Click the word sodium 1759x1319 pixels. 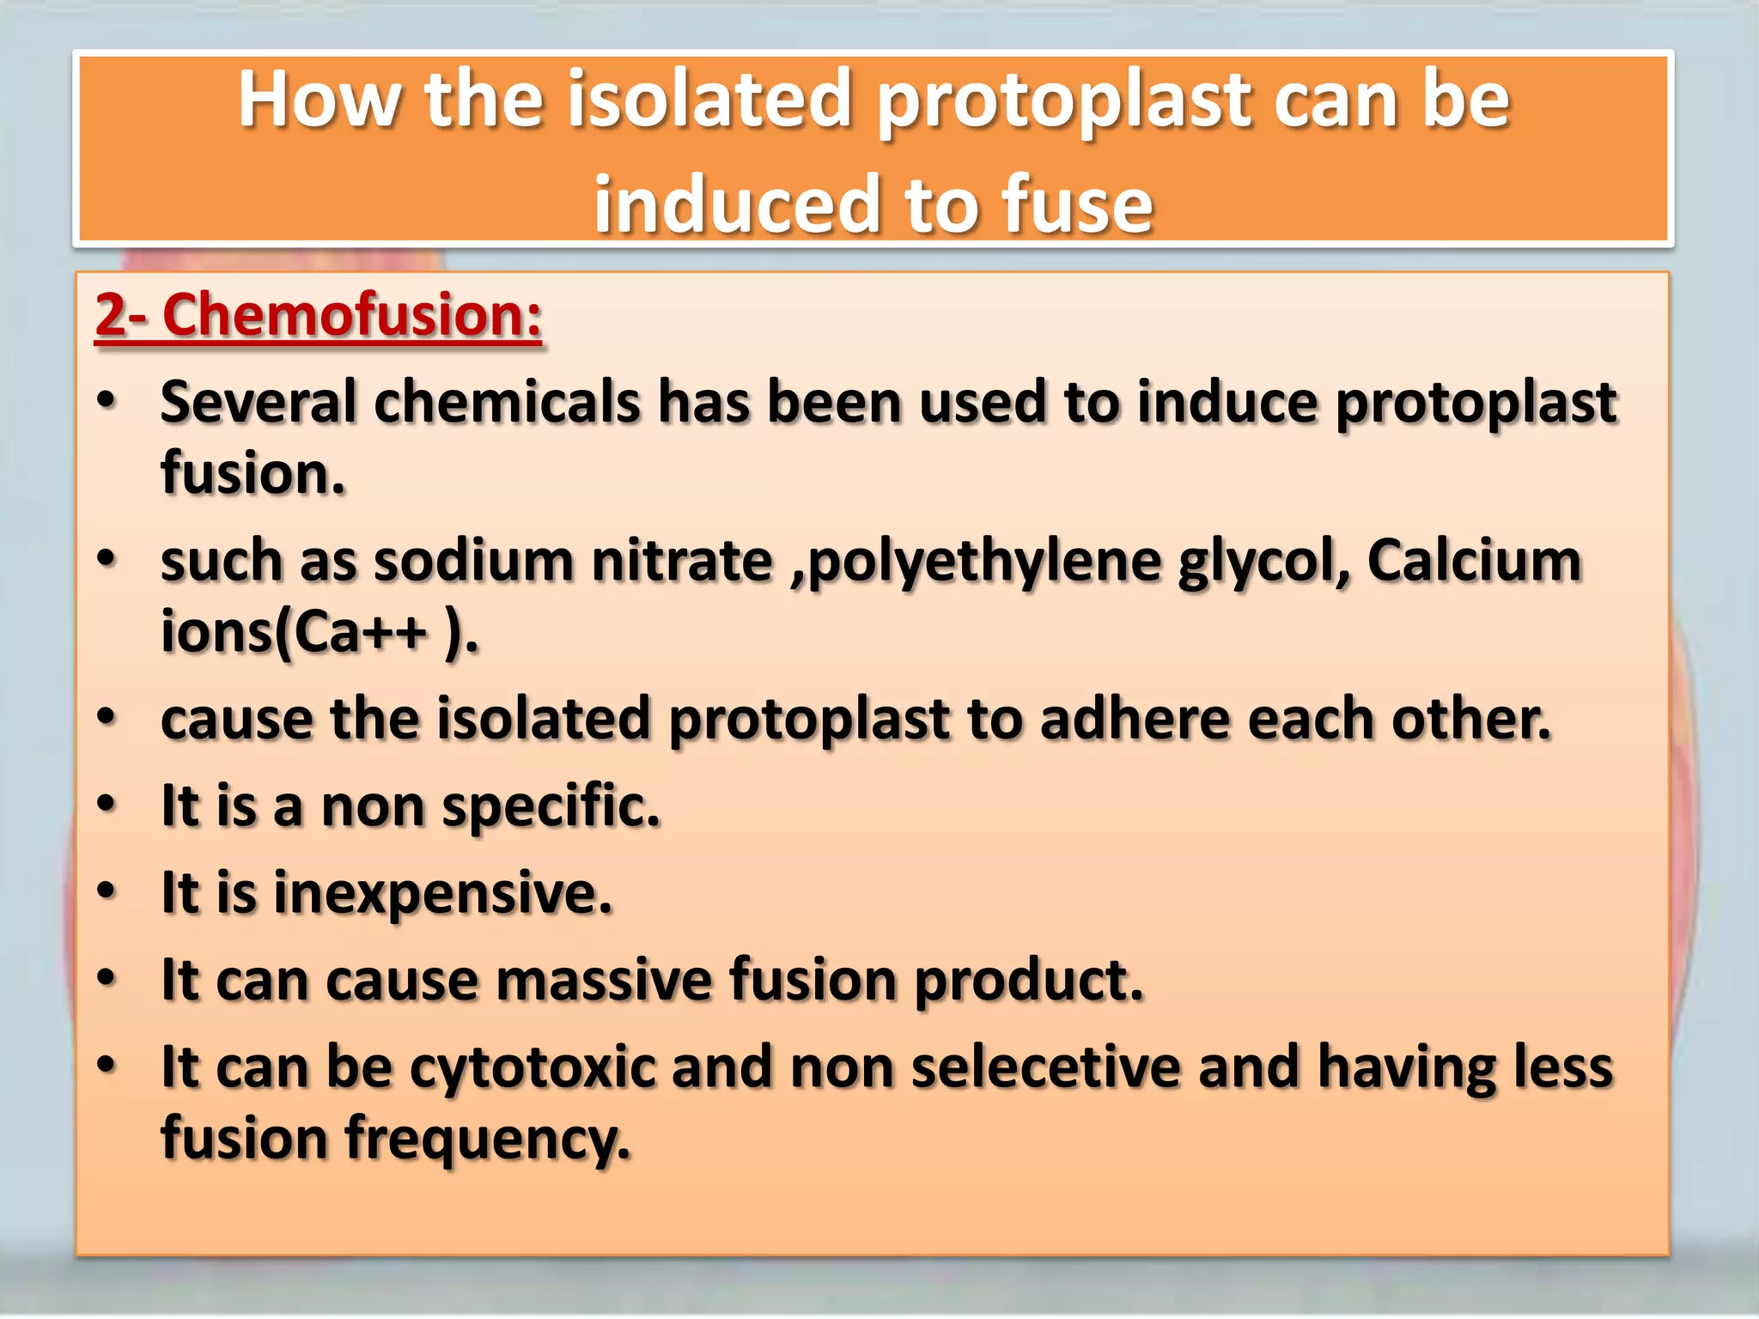tap(473, 561)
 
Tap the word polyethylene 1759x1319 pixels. tap(983, 562)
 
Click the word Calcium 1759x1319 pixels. tap(1474, 561)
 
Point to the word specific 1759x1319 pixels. tap(551, 807)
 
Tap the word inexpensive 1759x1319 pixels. tap(442, 894)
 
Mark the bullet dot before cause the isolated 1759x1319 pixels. tap(106, 717)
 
